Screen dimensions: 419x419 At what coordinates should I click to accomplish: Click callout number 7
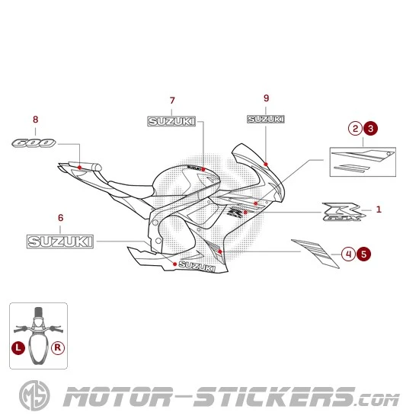(x=172, y=101)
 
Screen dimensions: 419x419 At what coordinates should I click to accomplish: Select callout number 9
(x=266, y=98)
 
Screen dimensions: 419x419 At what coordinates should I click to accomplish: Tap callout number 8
(x=35, y=120)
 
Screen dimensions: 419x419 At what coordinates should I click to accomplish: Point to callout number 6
(x=60, y=218)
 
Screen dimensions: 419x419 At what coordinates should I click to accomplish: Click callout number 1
(x=379, y=209)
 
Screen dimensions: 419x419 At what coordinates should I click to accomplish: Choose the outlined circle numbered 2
(x=355, y=129)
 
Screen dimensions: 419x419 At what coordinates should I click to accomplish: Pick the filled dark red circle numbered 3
(x=370, y=129)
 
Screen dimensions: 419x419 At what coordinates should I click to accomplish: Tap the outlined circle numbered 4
(x=347, y=254)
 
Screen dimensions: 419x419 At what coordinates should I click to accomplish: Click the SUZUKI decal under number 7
(x=171, y=121)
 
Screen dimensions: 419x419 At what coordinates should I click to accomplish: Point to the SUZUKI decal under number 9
(x=266, y=119)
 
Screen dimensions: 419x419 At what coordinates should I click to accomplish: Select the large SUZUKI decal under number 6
(x=60, y=241)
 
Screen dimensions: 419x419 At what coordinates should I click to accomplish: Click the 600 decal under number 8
(x=34, y=142)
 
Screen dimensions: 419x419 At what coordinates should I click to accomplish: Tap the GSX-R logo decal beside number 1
(x=345, y=213)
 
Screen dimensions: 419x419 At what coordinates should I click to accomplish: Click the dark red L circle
(x=18, y=347)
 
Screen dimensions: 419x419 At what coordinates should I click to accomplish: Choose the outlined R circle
(x=59, y=347)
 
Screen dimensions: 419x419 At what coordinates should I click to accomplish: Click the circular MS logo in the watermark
(x=33, y=397)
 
